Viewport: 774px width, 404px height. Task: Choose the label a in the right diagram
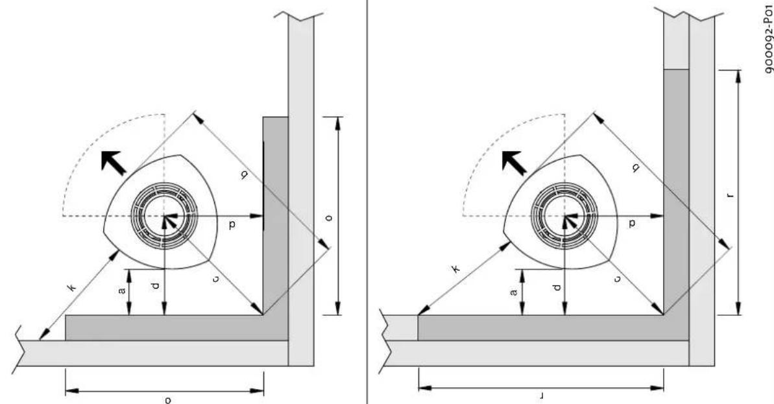[514, 292]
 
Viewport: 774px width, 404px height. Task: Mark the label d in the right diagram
[556, 285]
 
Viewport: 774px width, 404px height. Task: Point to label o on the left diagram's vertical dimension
[329, 217]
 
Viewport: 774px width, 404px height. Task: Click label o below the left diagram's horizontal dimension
[167, 399]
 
